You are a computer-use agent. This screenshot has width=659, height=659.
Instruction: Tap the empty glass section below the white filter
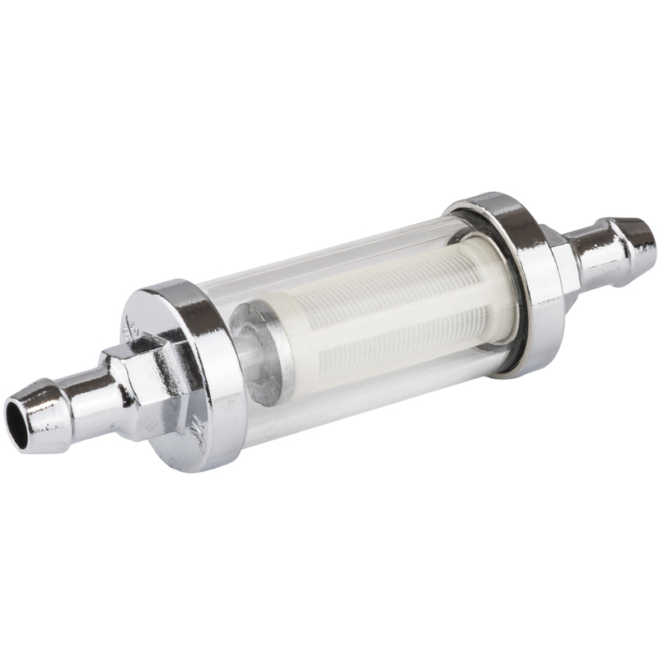point(346,387)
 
